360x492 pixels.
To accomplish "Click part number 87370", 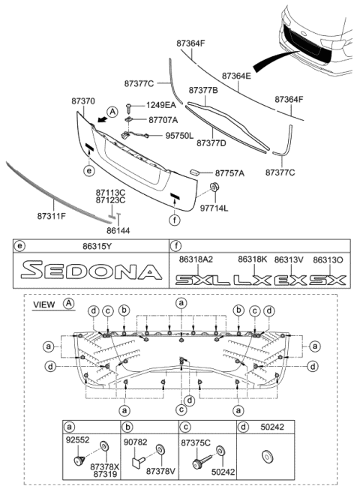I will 83,100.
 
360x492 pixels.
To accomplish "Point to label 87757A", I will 230,172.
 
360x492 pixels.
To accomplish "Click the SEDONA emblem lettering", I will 91,271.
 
